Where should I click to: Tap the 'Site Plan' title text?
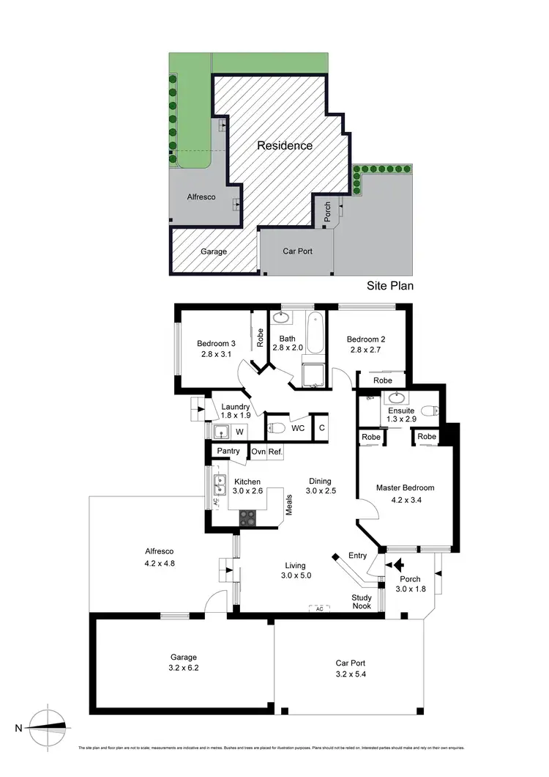[389, 285]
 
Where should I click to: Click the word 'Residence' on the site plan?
[285, 145]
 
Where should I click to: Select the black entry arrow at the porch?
[398, 565]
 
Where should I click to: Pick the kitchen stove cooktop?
[248, 517]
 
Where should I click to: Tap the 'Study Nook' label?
[362, 601]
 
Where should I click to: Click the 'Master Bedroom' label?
[405, 487]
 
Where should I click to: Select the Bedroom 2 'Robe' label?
[382, 381]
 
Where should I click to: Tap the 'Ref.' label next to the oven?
[275, 452]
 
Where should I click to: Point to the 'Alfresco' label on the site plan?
[201, 197]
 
